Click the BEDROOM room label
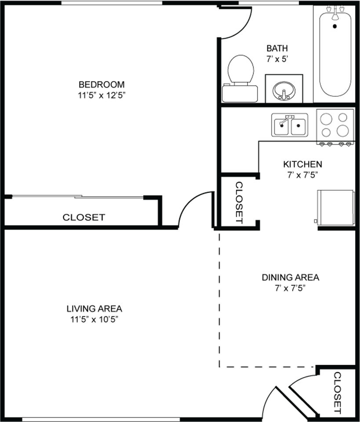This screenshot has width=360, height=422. click(102, 84)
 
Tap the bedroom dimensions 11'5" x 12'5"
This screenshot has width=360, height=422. click(102, 95)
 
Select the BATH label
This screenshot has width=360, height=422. click(277, 48)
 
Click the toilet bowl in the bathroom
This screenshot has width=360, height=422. click(241, 69)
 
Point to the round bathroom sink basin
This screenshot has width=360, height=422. click(284, 91)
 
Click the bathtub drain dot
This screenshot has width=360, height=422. click(335, 26)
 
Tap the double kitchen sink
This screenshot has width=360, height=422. click(290, 125)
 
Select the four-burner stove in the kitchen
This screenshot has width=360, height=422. click(335, 127)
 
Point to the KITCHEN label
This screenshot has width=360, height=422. click(303, 164)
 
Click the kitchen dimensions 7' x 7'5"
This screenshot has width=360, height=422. click(303, 175)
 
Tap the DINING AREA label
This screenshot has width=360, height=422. click(291, 277)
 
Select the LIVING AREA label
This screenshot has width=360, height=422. click(95, 309)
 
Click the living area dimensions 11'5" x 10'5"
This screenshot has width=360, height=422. click(95, 320)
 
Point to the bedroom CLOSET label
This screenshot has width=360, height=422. click(84, 217)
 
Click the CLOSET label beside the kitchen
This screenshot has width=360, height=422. click(239, 203)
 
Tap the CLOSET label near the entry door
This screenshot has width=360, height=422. click(338, 393)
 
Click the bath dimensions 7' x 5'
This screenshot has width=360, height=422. click(277, 59)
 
